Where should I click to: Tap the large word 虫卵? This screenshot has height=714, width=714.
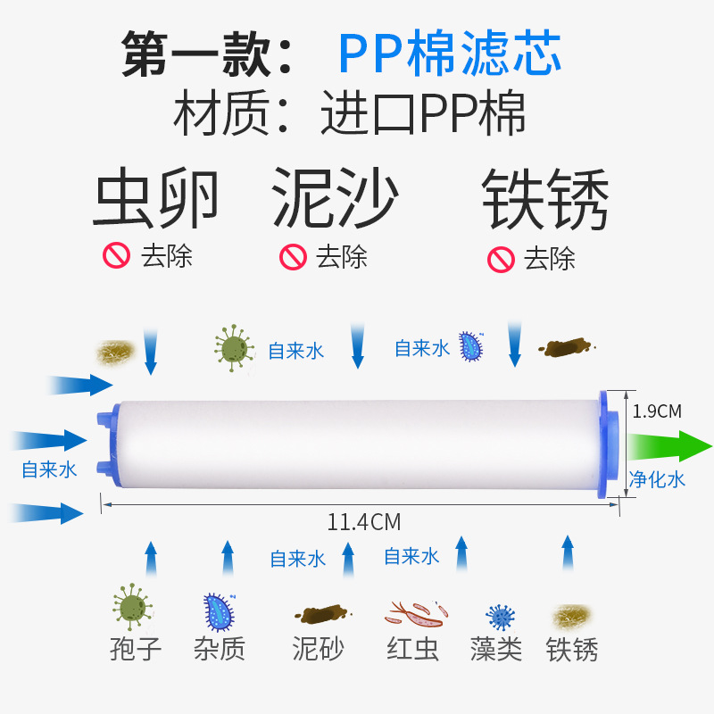[156, 200]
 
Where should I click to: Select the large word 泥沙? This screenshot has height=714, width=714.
[335, 200]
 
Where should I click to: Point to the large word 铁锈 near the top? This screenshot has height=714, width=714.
[545, 202]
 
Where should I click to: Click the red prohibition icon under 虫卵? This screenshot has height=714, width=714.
[117, 257]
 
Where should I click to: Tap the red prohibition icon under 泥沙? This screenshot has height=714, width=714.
[293, 257]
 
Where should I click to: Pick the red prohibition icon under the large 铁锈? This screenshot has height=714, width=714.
[500, 260]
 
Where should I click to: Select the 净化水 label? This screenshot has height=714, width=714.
[658, 479]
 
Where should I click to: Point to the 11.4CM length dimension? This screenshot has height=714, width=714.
[363, 521]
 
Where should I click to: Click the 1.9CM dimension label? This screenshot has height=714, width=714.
[656, 411]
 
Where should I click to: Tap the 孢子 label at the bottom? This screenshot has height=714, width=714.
[137, 649]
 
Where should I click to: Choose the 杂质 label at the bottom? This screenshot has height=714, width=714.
[219, 649]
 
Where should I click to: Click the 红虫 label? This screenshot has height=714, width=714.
[413, 649]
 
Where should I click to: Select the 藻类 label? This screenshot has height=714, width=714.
[496, 649]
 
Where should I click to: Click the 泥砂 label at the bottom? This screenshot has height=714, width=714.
[319, 649]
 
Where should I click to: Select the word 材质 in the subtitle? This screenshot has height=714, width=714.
[207, 114]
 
